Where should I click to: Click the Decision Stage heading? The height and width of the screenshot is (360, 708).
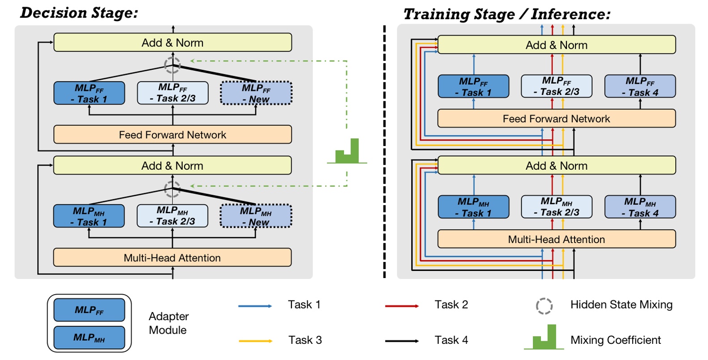click(79, 13)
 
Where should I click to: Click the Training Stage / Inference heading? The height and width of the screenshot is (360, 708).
click(506, 14)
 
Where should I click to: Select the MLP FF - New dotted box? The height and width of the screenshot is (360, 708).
click(256, 93)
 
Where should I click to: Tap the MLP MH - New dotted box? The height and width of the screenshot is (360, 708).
click(256, 216)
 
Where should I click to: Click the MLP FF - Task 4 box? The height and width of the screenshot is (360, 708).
click(640, 86)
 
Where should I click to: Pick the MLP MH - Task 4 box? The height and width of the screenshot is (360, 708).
click(640, 207)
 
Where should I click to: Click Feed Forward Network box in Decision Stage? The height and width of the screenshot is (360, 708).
click(172, 134)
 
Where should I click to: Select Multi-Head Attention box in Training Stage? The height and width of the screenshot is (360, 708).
click(556, 239)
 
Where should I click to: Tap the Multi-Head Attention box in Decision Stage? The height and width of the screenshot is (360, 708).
click(172, 257)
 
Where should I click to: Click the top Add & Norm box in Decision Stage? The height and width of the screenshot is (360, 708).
click(172, 43)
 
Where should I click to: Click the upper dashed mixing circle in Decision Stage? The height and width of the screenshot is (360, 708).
click(172, 65)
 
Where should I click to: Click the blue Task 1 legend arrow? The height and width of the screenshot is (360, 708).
click(255, 306)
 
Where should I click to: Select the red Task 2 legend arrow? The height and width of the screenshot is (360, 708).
click(402, 306)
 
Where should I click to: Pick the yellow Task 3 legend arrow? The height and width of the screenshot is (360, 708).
click(255, 341)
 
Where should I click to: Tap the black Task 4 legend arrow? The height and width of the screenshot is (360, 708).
click(402, 341)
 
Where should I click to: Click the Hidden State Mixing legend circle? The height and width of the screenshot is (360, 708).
click(544, 306)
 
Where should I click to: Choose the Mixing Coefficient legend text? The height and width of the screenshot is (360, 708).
click(615, 340)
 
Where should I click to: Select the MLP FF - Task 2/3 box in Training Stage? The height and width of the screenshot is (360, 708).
click(556, 86)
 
